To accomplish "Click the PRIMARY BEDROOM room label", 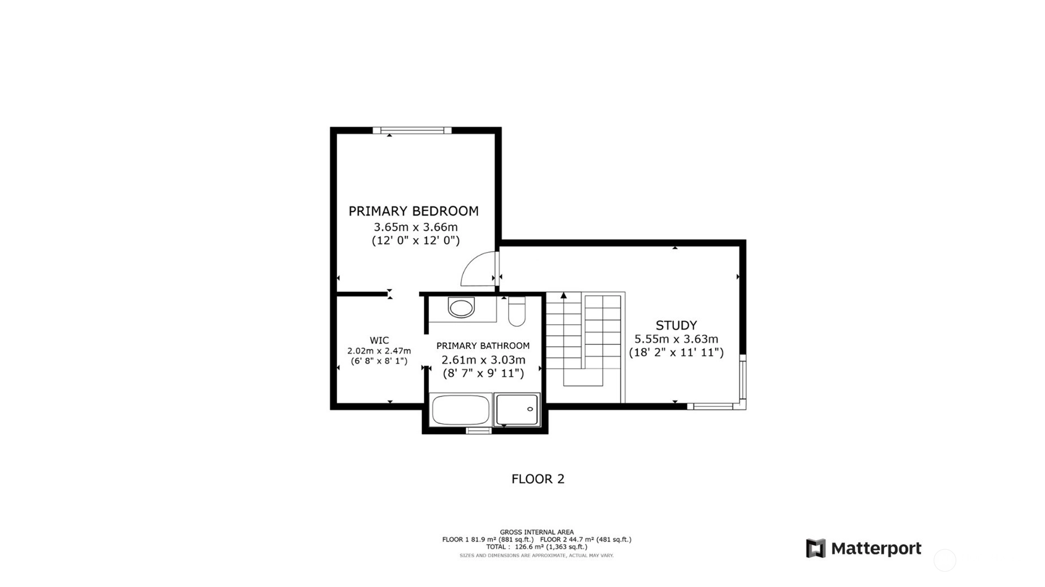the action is tap(414, 211).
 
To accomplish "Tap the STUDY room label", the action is tap(676, 325).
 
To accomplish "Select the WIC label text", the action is tap(379, 340).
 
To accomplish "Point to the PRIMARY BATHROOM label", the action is tap(483, 346).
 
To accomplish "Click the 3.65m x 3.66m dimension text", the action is tap(416, 227).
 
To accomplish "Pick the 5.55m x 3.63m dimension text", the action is tap(676, 339).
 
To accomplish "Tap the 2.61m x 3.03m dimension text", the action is tap(483, 360).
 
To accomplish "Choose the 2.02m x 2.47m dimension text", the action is tap(379, 351).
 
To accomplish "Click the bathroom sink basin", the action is tap(461, 308).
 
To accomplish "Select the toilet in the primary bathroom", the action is tap(517, 311).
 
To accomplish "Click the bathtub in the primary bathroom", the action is tap(461, 410).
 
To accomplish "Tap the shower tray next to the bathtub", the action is tap(517, 409).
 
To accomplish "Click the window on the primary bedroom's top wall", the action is tap(412, 131).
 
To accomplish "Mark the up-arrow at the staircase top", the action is tap(564, 295).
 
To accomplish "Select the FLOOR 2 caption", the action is tap(537, 479).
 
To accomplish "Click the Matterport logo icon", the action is tap(815, 548).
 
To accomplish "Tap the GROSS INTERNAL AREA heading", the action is tap(536, 532).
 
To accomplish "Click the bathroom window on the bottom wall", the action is tap(478, 431).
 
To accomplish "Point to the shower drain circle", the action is tap(530, 409).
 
